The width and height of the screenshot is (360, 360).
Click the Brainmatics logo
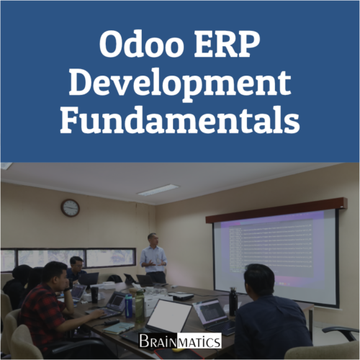point(180,341)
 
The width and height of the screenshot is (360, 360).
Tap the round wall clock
point(70,208)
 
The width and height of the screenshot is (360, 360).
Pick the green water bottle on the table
point(140,306)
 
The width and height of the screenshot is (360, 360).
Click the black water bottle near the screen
point(233,301)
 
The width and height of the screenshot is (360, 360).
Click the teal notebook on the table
point(119,328)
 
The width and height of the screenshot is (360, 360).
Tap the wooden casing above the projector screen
point(276,210)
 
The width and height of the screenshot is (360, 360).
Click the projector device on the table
point(181,297)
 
